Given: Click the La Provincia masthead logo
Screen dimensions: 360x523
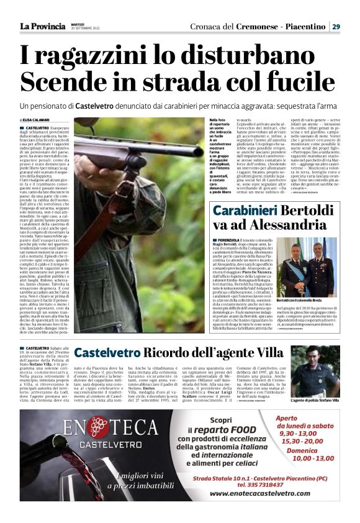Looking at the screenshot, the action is point(42,27).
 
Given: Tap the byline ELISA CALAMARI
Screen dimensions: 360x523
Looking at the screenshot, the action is point(37,120).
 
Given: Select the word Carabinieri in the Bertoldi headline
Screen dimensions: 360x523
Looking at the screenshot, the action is point(243,211).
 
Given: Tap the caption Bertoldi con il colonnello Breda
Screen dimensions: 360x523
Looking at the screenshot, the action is point(306,300).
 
